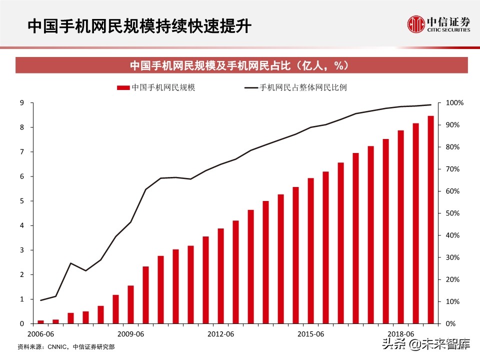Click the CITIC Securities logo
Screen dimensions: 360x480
coord(438,23)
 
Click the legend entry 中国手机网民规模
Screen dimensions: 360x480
coord(155,87)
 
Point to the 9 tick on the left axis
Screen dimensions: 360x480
coord(22,103)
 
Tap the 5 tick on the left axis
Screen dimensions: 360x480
coord(22,201)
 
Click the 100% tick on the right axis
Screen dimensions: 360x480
coord(454,103)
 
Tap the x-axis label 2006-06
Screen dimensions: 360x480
coord(41,333)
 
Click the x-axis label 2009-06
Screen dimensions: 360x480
coord(131,333)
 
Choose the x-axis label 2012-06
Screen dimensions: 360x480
coord(221,333)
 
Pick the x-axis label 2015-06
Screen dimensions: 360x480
coord(311,333)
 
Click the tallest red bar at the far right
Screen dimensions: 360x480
coord(430,220)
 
